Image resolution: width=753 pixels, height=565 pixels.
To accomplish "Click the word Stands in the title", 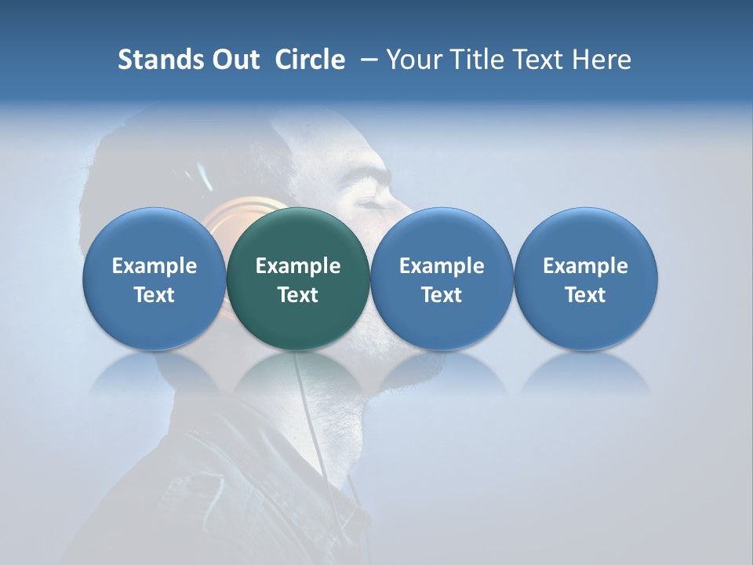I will coord(156,60).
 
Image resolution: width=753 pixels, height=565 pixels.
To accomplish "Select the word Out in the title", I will coord(234,60).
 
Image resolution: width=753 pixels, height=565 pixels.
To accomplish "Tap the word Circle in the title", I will coord(310,60).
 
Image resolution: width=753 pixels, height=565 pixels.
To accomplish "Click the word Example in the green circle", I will coord(298,266).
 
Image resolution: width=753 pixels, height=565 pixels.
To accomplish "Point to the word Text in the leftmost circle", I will coord(154,295).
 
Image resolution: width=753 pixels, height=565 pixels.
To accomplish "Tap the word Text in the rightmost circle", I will coord(586,295).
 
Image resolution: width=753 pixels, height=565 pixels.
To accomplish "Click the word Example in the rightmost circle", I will coord(586,266).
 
